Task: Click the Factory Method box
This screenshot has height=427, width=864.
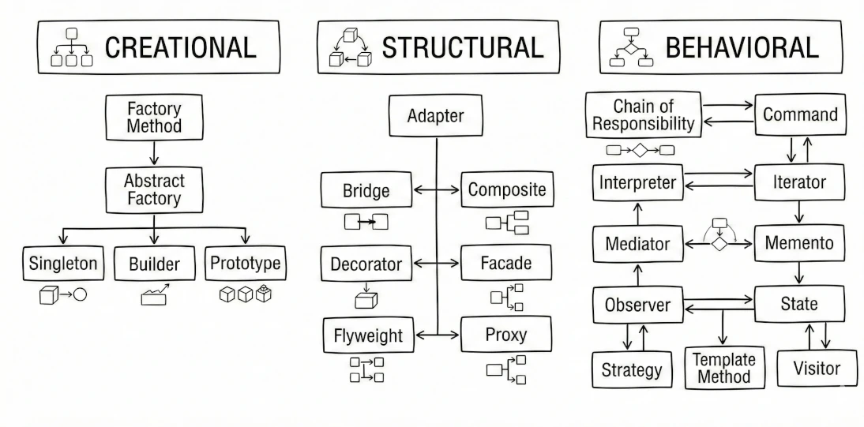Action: [x=154, y=116]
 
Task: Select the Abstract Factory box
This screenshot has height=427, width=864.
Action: [x=154, y=189]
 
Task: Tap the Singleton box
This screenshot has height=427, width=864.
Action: [x=62, y=264]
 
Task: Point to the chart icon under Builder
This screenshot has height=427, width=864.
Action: [x=155, y=296]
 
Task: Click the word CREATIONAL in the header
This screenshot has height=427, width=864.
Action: [x=181, y=47]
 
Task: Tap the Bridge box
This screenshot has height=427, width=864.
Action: [x=366, y=190]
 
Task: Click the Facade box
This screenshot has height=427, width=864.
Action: [x=505, y=263]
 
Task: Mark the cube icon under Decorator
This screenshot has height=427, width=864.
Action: [x=366, y=298]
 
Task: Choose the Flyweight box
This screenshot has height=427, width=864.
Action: [x=366, y=335]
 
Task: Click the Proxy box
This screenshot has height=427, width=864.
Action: [x=505, y=335]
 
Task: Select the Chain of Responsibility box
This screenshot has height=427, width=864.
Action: [x=644, y=115]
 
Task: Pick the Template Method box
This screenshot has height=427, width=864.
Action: [x=724, y=367]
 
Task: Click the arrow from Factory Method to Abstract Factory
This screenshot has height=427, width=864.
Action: [x=154, y=152]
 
